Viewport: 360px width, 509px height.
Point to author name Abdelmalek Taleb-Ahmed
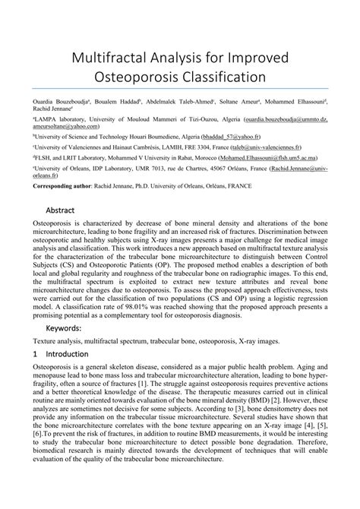182,101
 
